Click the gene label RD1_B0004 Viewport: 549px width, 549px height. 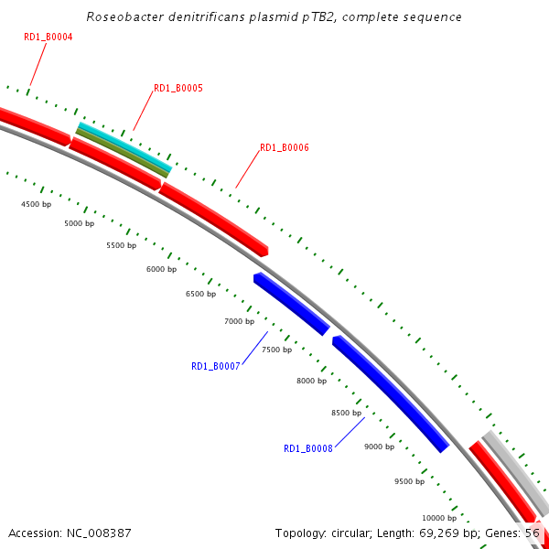coord(48,38)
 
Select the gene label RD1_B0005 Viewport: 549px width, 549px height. coord(178,89)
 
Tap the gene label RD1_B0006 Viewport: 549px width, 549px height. coord(285,147)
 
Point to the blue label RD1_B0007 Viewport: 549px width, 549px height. coord(216,366)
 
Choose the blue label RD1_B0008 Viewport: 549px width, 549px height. coord(308,449)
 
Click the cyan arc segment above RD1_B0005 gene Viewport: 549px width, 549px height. coord(124,145)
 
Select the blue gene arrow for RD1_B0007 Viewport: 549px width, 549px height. coord(291,303)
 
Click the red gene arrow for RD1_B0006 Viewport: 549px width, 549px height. coord(214,216)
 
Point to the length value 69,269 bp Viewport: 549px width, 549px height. coord(446,533)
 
